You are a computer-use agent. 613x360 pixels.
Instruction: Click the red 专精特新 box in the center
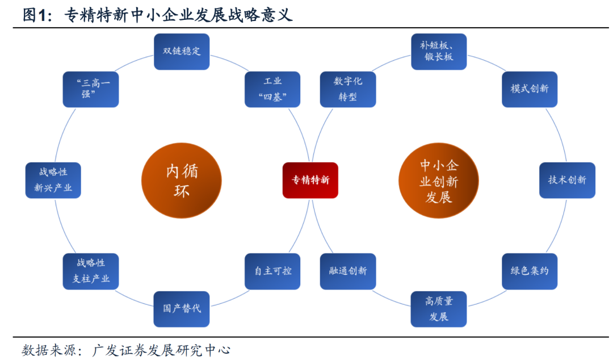coord(310,180)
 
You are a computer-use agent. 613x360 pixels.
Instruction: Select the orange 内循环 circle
coord(178,180)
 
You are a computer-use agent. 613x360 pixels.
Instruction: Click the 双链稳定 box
coord(182,51)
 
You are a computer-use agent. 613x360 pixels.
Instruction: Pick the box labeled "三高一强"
coord(91,89)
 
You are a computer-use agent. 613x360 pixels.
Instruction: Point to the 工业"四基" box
coord(272,89)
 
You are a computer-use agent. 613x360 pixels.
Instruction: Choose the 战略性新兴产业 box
coord(53,180)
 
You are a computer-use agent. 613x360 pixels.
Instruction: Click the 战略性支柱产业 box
coord(91,271)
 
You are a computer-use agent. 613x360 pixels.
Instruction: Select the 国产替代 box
coord(182,308)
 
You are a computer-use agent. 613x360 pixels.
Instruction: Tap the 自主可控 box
coord(272,271)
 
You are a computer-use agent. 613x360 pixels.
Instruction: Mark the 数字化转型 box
coord(348,89)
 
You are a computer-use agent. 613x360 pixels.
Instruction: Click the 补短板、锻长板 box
coord(438,51)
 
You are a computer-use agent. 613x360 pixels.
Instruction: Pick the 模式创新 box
coord(530,89)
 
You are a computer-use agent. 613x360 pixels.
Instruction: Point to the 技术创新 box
coord(567,180)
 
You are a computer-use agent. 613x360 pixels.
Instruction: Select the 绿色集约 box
coord(530,271)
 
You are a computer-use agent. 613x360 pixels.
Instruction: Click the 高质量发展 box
coord(438,308)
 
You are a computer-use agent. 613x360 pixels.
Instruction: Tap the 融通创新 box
coord(348,271)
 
